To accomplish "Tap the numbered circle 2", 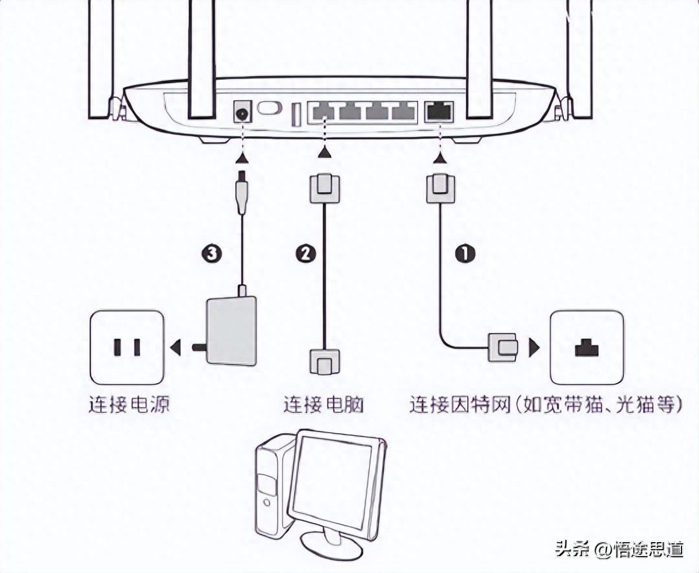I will (306, 253).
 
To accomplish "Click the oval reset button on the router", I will (269, 109).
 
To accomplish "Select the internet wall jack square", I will (587, 347).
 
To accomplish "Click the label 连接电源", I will (129, 404).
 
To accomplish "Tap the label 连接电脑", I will (323, 404).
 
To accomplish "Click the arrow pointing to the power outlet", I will (174, 348).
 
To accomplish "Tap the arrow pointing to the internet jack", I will (533, 348).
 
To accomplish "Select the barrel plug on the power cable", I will (241, 192).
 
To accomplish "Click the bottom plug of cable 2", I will (323, 362).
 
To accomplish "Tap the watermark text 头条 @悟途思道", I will (619, 549).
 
